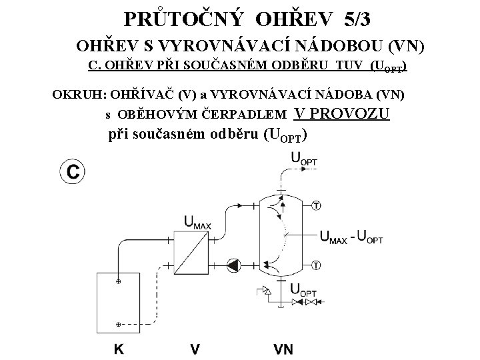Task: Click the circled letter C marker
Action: [72, 171]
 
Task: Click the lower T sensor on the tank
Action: [315, 265]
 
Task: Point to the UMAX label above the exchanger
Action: [197, 223]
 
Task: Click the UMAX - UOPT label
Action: [352, 237]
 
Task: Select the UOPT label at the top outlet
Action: [304, 158]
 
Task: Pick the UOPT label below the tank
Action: [304, 290]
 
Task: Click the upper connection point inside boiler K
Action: [118, 282]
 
